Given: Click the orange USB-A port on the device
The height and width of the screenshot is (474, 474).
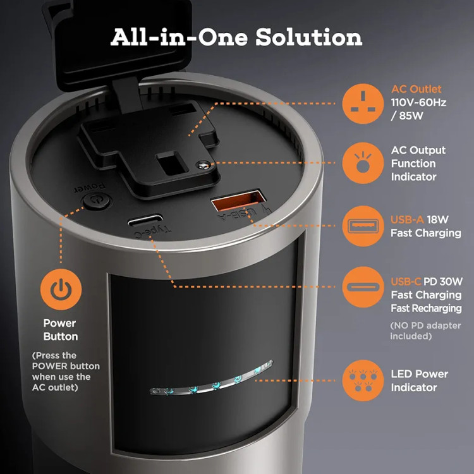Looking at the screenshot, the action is coord(238,200).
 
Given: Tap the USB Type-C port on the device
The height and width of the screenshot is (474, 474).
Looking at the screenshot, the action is coord(145,221).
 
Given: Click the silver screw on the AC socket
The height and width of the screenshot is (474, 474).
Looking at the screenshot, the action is coord(203,165).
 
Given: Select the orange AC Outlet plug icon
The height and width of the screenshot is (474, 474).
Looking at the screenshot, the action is coord(363,104).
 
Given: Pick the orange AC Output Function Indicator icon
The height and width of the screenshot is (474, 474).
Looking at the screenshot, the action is coord(363,163).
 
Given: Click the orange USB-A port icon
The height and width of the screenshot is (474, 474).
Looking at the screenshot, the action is coord(363,226).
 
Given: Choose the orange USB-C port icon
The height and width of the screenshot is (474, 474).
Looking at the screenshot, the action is coord(363,287).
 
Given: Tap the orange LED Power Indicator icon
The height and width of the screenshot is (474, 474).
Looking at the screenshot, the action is coord(363,380).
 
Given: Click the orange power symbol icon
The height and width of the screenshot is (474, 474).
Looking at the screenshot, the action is coord(61,289).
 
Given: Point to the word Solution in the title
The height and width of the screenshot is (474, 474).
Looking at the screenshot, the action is coord(309,37).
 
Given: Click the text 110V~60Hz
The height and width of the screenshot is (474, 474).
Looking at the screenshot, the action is coord(418,102).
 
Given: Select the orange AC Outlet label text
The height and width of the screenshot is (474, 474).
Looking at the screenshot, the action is coord(416,89).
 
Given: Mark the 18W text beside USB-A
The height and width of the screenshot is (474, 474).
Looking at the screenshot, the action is coord(437,219).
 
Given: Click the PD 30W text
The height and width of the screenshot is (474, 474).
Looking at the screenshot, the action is coord(443,281).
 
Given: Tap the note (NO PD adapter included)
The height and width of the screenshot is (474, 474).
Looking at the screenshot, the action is coord(425,331).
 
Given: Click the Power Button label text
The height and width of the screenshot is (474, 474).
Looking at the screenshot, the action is coord(61,330).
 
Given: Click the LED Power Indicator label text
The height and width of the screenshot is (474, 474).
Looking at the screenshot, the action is coord(419,380).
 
